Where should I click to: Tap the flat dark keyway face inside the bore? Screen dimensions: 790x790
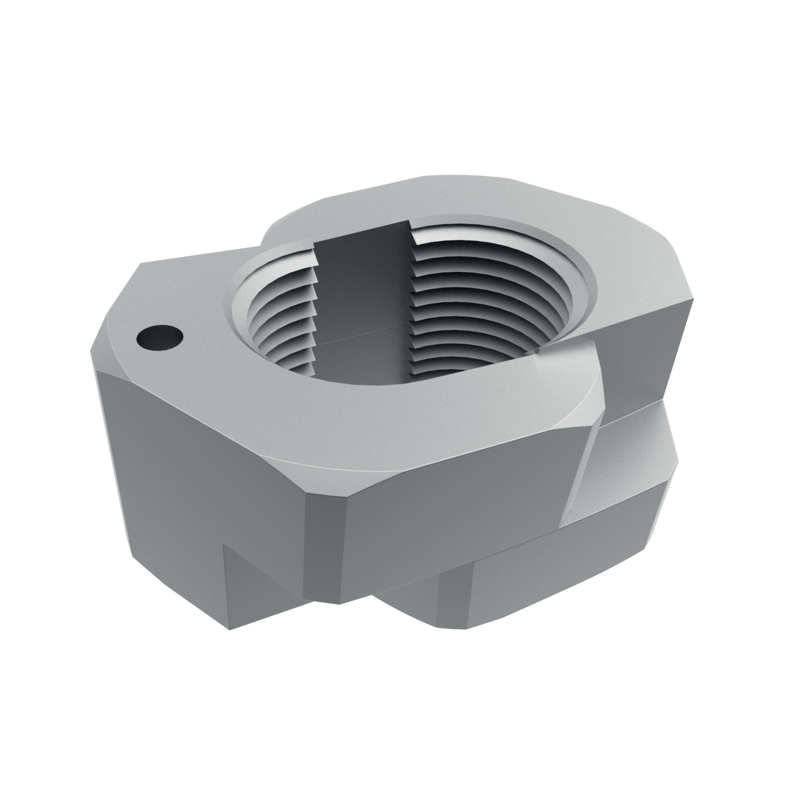[x=363, y=295]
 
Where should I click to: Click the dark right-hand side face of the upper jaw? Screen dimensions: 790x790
[x=643, y=358]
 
